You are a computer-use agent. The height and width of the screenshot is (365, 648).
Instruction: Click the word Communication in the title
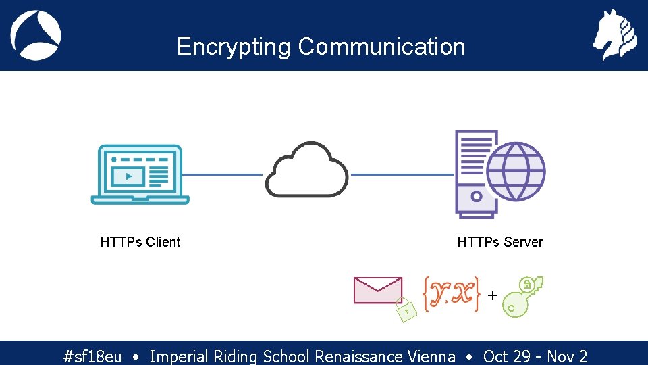[381, 47]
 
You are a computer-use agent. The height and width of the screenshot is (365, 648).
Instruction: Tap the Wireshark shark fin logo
[36, 35]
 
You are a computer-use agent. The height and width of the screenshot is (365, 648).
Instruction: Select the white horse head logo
[614, 35]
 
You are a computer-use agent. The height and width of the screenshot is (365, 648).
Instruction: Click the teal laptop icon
[140, 174]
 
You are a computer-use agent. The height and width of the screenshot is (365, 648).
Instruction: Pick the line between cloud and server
[402, 174]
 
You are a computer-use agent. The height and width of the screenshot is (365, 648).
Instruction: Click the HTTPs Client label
[140, 242]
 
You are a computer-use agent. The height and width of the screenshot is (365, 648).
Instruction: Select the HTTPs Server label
[500, 242]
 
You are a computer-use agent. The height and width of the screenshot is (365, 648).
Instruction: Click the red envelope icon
[377, 291]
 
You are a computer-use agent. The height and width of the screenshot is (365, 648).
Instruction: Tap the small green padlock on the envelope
[405, 310]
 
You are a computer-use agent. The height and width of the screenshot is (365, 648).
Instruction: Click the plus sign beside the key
[492, 295]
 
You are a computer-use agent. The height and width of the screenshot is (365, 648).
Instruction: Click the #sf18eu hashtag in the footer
[92, 356]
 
